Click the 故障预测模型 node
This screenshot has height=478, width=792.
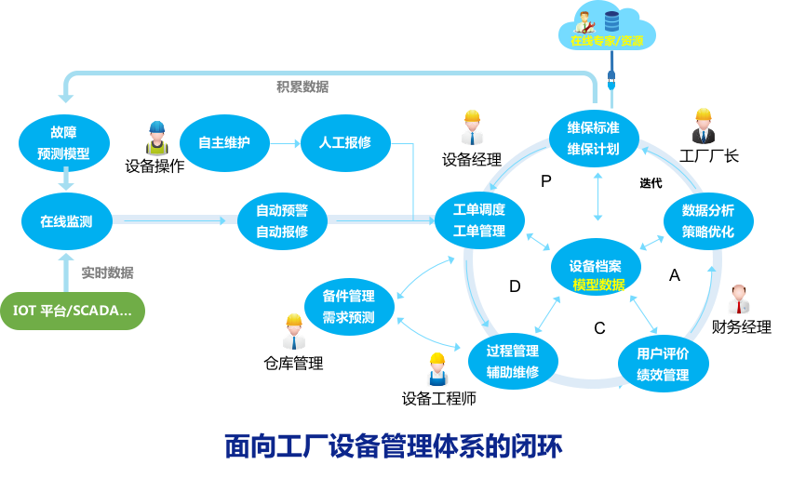(64, 142)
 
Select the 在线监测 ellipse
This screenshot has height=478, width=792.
(66, 221)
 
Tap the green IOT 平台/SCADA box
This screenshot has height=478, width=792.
(73, 311)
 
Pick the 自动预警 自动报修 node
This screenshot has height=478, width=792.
(282, 221)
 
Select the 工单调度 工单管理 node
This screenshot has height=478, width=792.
(479, 219)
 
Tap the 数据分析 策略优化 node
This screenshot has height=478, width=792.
(707, 220)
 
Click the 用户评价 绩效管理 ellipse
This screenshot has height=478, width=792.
(663, 364)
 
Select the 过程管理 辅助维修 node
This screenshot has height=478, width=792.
(513, 362)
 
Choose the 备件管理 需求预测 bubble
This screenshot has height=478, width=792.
(349, 307)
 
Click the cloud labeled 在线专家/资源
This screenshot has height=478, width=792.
(606, 30)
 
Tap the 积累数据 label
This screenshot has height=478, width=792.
(302, 86)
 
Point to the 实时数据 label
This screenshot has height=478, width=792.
(107, 272)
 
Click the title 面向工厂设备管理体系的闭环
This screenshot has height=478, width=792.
(394, 446)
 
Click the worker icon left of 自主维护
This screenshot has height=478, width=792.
(157, 139)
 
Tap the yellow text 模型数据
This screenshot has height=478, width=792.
(598, 285)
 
